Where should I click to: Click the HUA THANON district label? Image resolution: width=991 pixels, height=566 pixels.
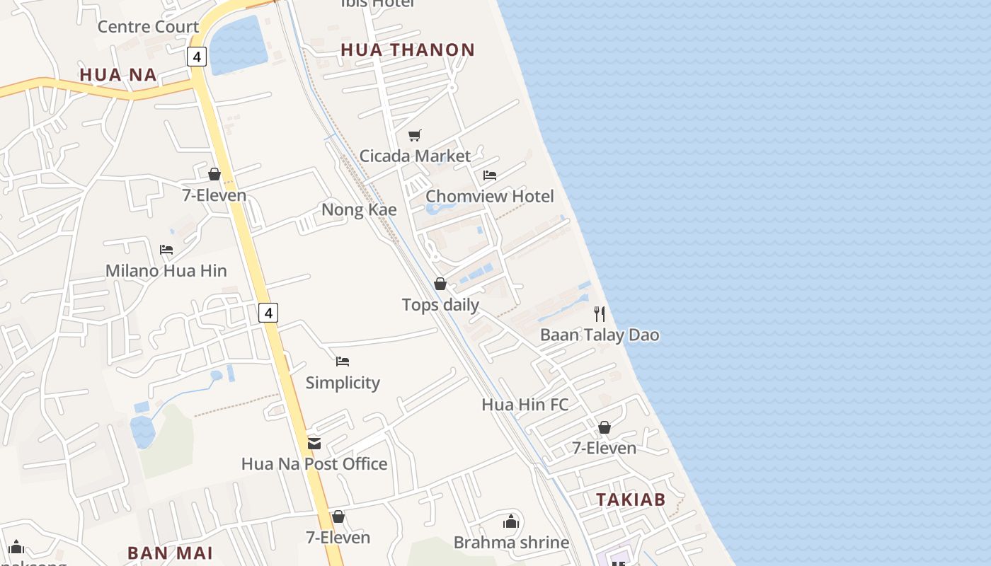(x=407, y=50)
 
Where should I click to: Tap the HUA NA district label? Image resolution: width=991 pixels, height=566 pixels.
(x=118, y=75)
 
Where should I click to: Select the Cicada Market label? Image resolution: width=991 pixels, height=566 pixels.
(x=415, y=156)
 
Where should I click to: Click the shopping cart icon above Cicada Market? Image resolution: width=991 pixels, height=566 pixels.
(x=415, y=135)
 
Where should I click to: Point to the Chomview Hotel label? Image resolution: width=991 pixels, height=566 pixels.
(x=489, y=196)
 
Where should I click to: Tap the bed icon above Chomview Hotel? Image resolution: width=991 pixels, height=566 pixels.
(x=489, y=175)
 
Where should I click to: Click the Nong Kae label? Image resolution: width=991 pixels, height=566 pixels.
(x=359, y=210)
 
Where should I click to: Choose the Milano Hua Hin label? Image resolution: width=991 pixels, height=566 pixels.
(x=166, y=270)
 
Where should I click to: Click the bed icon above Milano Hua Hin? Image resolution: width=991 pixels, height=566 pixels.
(x=166, y=250)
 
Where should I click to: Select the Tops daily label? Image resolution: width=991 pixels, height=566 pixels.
(x=440, y=305)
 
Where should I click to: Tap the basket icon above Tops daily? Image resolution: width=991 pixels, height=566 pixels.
(x=440, y=284)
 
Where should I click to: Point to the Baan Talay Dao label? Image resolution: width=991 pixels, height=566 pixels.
(x=600, y=335)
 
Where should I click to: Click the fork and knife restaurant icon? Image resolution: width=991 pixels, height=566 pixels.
(x=600, y=314)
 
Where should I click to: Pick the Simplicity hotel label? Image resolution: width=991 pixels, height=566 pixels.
(x=343, y=383)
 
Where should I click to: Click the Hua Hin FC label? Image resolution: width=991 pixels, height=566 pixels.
(x=525, y=405)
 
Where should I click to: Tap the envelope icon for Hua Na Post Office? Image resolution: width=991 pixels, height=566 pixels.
(x=314, y=444)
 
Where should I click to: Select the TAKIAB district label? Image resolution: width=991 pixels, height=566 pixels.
(x=631, y=500)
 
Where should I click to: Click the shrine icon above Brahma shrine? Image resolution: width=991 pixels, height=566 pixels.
(x=511, y=522)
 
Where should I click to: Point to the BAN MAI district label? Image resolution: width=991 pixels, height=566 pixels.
(x=170, y=553)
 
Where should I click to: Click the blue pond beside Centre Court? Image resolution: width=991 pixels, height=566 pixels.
(x=238, y=45)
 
